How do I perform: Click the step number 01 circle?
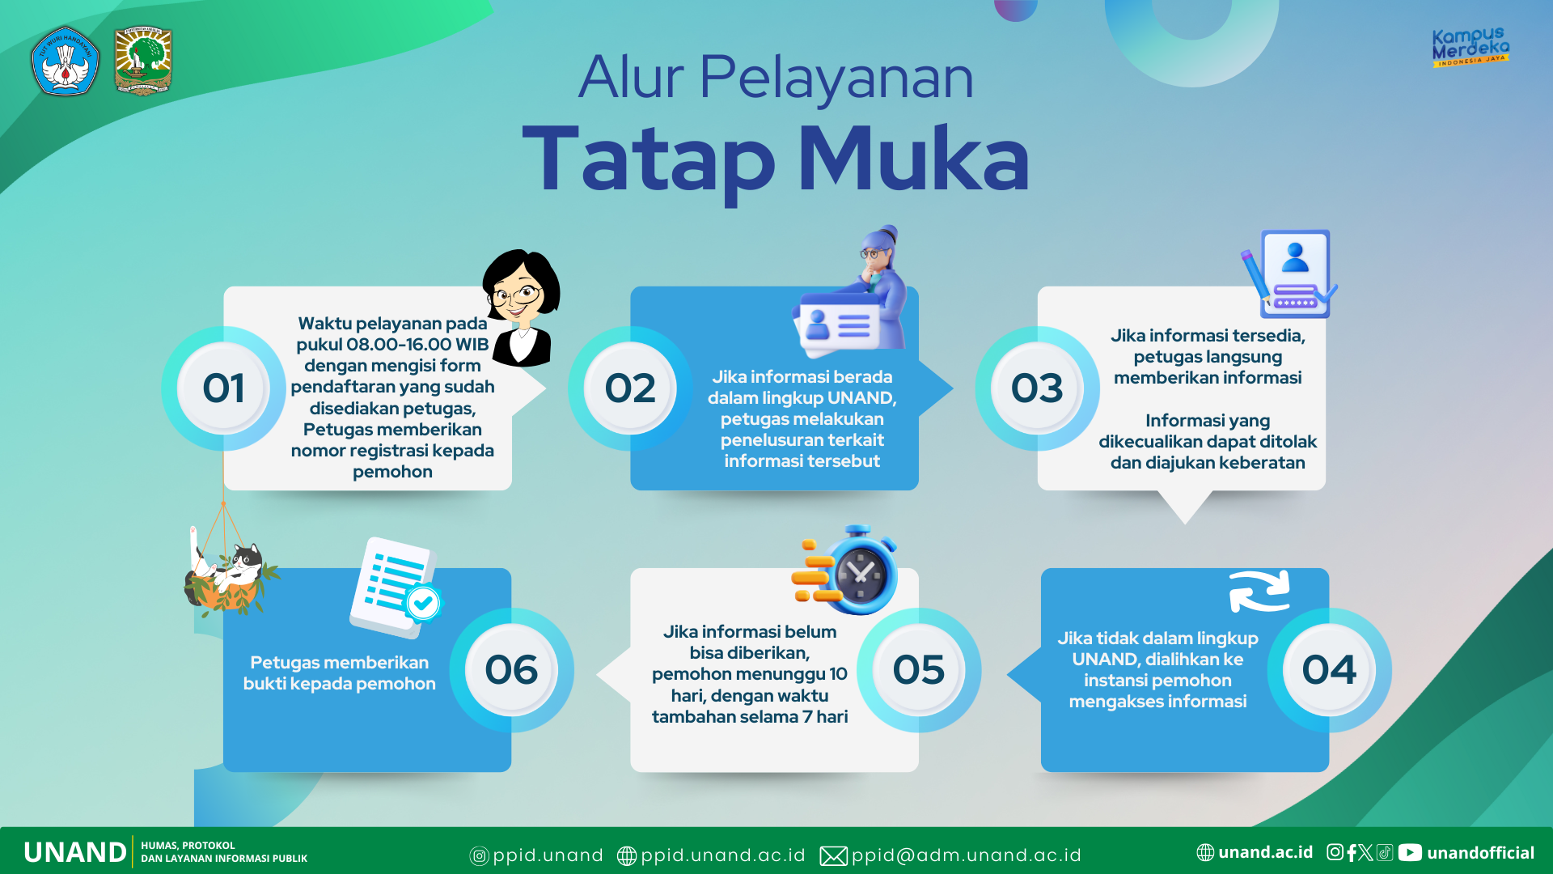(x=223, y=388)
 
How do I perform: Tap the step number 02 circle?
(x=630, y=388)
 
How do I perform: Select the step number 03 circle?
(x=1037, y=388)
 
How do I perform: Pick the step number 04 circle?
(x=1329, y=670)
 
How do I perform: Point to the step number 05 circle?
(x=919, y=670)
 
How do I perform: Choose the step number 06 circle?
(x=511, y=670)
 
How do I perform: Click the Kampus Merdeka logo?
(x=1470, y=47)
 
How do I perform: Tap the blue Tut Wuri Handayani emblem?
(x=66, y=61)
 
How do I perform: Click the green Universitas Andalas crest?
(x=143, y=61)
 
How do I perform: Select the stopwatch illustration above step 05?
(x=845, y=570)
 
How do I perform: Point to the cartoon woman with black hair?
(x=521, y=308)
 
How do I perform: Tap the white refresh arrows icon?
(x=1259, y=592)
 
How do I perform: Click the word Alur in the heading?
(x=632, y=78)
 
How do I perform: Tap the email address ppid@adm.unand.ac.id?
(x=966, y=855)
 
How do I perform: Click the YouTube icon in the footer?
(x=1410, y=852)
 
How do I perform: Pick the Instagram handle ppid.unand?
(x=548, y=855)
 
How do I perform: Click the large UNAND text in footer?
(x=75, y=852)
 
